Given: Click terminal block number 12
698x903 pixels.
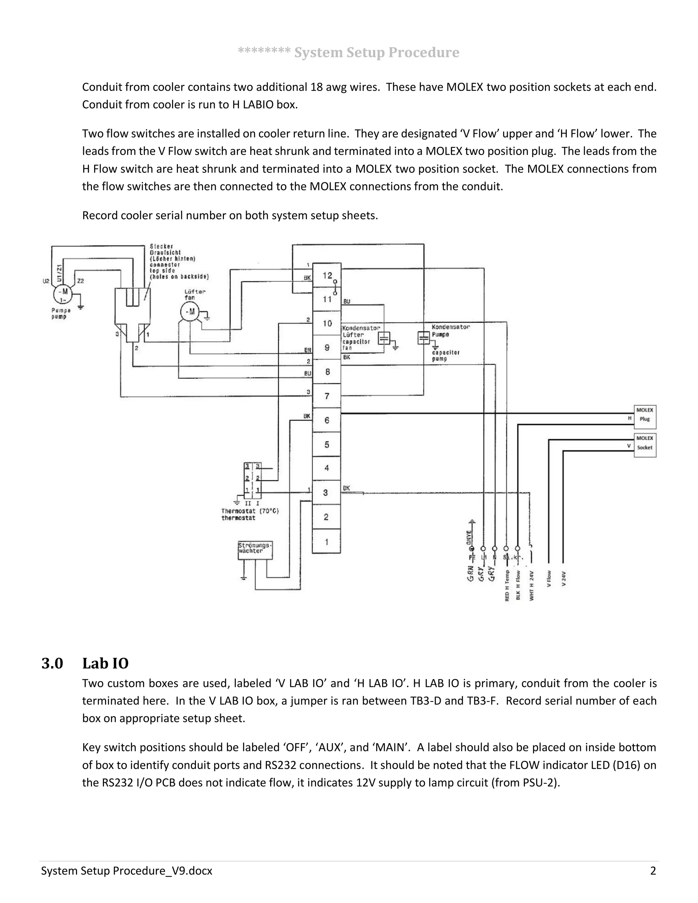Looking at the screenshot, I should [x=327, y=275].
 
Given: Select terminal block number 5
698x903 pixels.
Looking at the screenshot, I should [x=327, y=444].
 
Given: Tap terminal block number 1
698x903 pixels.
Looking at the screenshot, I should [x=327, y=541].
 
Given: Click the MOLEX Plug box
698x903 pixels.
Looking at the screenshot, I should [x=644, y=417].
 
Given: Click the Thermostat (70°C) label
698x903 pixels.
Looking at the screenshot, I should [x=250, y=511].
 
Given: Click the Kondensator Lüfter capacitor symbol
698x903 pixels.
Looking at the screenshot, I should [x=384, y=339].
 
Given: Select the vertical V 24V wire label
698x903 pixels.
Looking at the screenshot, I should [x=563, y=579].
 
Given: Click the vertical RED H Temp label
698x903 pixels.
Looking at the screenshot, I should [x=507, y=585].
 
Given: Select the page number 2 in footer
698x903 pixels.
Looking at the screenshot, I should [x=653, y=871].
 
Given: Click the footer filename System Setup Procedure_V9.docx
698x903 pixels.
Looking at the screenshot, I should [x=126, y=871].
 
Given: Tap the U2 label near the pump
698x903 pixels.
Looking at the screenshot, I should [x=46, y=281].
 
